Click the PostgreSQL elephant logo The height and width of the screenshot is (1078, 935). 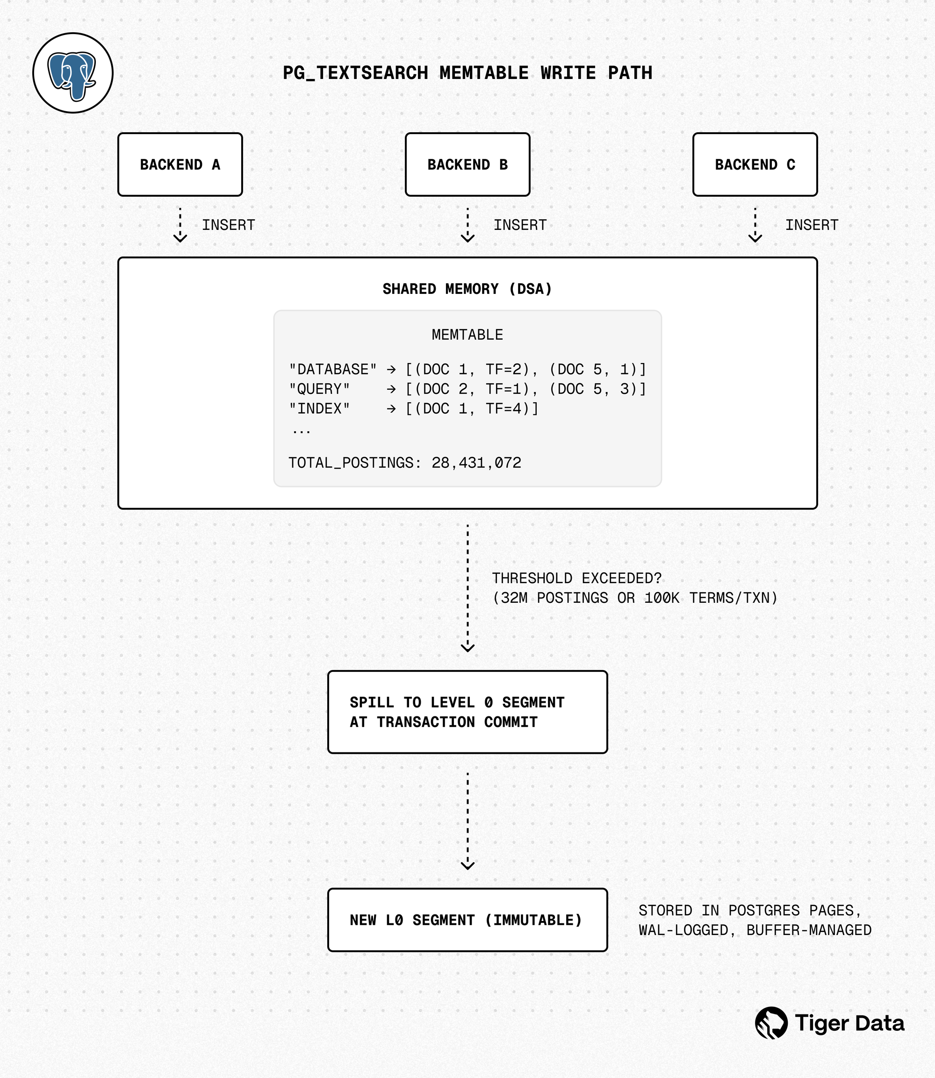(x=72, y=73)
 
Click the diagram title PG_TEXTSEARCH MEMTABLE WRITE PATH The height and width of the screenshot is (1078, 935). (x=467, y=73)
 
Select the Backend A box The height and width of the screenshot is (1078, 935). (x=180, y=165)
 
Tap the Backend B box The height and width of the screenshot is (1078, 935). (x=467, y=165)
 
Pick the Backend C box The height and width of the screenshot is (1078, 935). (x=755, y=165)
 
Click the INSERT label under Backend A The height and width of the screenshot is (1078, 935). (x=228, y=225)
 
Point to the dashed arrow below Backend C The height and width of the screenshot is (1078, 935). (x=755, y=225)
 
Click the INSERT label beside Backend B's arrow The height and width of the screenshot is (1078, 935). (x=520, y=225)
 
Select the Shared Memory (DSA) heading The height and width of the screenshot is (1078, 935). (x=467, y=289)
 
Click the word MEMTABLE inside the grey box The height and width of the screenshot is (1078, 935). (x=467, y=335)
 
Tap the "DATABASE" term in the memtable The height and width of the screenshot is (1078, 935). (x=332, y=370)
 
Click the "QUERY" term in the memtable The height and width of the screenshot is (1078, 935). (x=319, y=389)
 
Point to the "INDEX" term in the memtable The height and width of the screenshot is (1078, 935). (x=319, y=409)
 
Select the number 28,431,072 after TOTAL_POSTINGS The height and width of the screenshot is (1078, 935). (x=476, y=463)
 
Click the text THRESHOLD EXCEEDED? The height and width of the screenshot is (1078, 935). (x=576, y=578)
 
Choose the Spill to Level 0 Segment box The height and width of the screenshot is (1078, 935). (x=467, y=712)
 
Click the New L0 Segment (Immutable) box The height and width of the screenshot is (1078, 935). (x=467, y=920)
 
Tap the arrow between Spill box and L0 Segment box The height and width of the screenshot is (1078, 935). (x=467, y=821)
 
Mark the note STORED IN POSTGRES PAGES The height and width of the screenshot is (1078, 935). (x=749, y=911)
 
